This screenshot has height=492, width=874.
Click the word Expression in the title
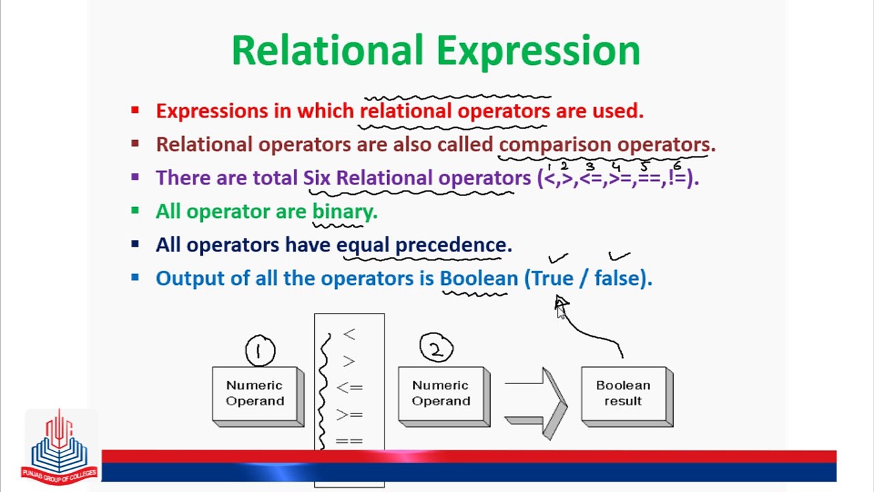[x=539, y=51]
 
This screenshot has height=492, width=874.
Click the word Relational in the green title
[x=328, y=50]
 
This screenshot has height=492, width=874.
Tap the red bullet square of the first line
[x=135, y=110]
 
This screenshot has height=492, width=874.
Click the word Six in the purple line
[x=317, y=178]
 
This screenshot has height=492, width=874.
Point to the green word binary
[x=345, y=212]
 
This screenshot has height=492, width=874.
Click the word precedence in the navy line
[x=453, y=245]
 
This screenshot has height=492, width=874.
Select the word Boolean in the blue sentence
[x=479, y=278]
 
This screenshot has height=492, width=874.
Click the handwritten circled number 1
[x=260, y=351]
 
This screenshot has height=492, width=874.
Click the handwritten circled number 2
[x=436, y=348]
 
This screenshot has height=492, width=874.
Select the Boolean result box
[x=627, y=396]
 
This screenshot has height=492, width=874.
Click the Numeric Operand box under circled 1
[x=258, y=396]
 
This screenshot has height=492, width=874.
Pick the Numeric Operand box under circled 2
[x=444, y=396]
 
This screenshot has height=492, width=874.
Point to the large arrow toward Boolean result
[x=536, y=403]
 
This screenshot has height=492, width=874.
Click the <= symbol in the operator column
[x=349, y=387]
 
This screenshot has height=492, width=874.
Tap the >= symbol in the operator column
[x=349, y=414]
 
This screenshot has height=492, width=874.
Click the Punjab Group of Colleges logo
[x=59, y=447]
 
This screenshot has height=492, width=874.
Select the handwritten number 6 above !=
[x=677, y=165]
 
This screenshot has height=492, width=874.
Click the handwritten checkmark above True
[x=559, y=258]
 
